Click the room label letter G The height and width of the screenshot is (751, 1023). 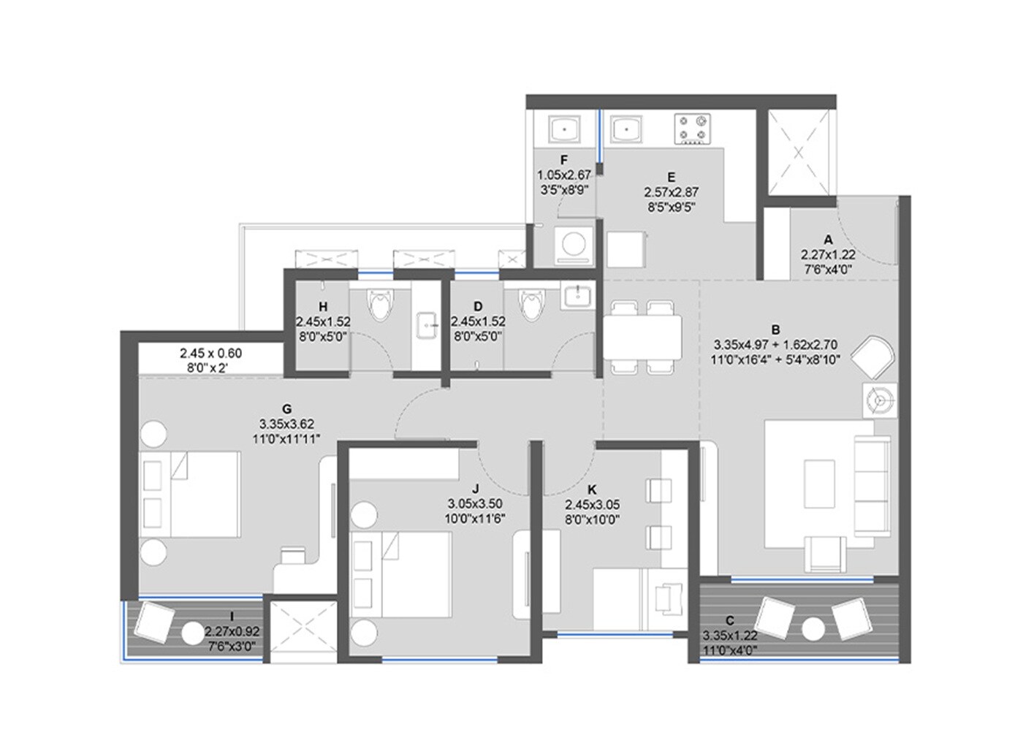(286, 409)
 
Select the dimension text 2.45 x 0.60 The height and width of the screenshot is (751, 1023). (210, 354)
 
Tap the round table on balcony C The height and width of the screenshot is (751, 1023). (813, 628)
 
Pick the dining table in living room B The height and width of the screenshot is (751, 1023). (642, 337)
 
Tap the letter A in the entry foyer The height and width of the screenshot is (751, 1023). (828, 240)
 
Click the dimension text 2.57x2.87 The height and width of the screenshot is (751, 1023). (671, 192)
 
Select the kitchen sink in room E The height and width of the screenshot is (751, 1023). (626, 130)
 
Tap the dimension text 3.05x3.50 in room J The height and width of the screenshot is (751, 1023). (474, 503)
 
